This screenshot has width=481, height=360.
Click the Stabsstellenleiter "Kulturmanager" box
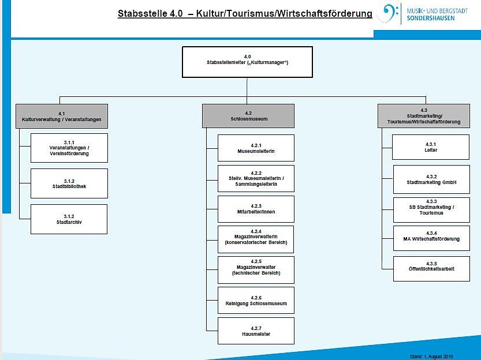point(247,62)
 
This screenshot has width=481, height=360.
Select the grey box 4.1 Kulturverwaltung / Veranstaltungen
point(62,115)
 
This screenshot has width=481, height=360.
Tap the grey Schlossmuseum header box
point(248,115)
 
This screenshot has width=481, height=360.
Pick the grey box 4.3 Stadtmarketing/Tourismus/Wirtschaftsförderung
point(423,115)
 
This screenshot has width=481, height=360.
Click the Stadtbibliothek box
point(69,183)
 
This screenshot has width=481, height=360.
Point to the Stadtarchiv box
point(69,219)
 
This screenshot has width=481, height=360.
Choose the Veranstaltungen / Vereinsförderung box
point(69,148)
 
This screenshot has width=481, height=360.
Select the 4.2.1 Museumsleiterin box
point(256,148)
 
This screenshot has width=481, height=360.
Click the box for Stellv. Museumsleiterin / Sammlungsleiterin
point(256,179)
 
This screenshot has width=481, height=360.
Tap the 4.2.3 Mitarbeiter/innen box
point(256,209)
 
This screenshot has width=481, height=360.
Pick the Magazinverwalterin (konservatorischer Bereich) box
point(256,239)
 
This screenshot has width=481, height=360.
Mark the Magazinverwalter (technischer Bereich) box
point(256,269)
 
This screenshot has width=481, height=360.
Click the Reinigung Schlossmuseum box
point(256,300)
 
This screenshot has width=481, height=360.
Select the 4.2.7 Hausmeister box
point(256,331)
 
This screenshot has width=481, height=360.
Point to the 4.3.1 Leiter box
point(430,147)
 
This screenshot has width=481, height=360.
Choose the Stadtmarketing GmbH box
point(431,179)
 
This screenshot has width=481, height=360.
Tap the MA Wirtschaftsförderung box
point(431,236)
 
